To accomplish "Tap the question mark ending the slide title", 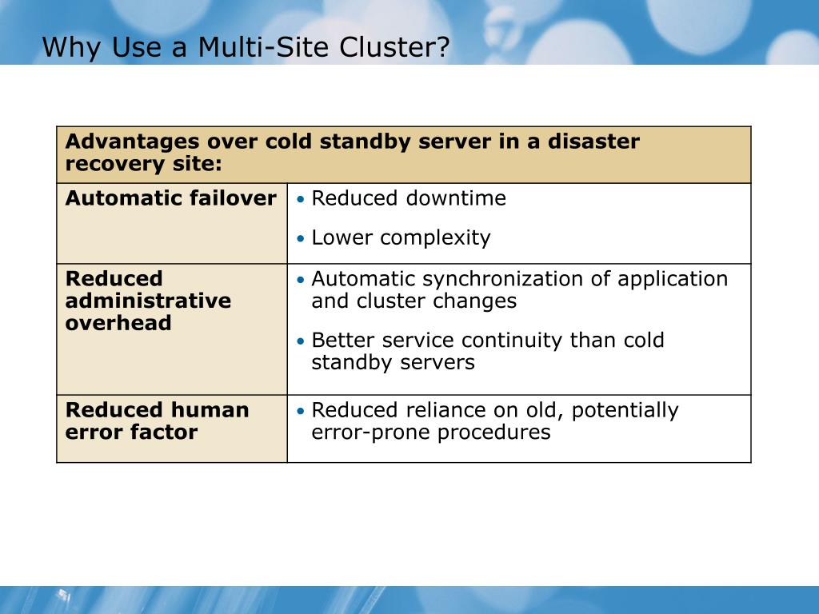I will coord(443,48).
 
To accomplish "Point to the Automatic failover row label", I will coord(170,198).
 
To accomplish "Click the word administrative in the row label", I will coord(148,301).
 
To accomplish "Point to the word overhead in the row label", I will coord(118,324).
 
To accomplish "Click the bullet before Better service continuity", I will coord(301,341).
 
